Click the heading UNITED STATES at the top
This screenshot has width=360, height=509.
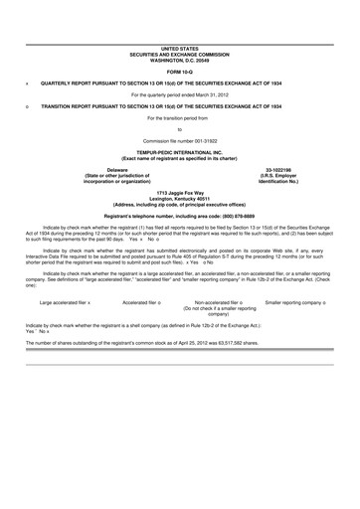point(180,48)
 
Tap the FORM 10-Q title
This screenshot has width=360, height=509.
point(180,71)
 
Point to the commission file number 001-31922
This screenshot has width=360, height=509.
point(203,140)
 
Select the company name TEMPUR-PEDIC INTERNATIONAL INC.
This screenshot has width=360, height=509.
point(180,152)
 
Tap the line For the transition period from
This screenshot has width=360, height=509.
point(180,117)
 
